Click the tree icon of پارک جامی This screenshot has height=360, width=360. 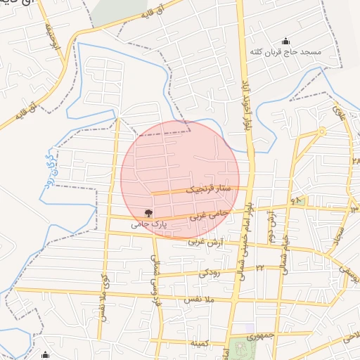click(x=148, y=212)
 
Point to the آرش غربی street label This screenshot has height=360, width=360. click(x=205, y=241)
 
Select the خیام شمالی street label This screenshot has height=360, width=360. click(x=285, y=253)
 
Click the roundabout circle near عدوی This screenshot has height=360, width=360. click(x=321, y=131)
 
